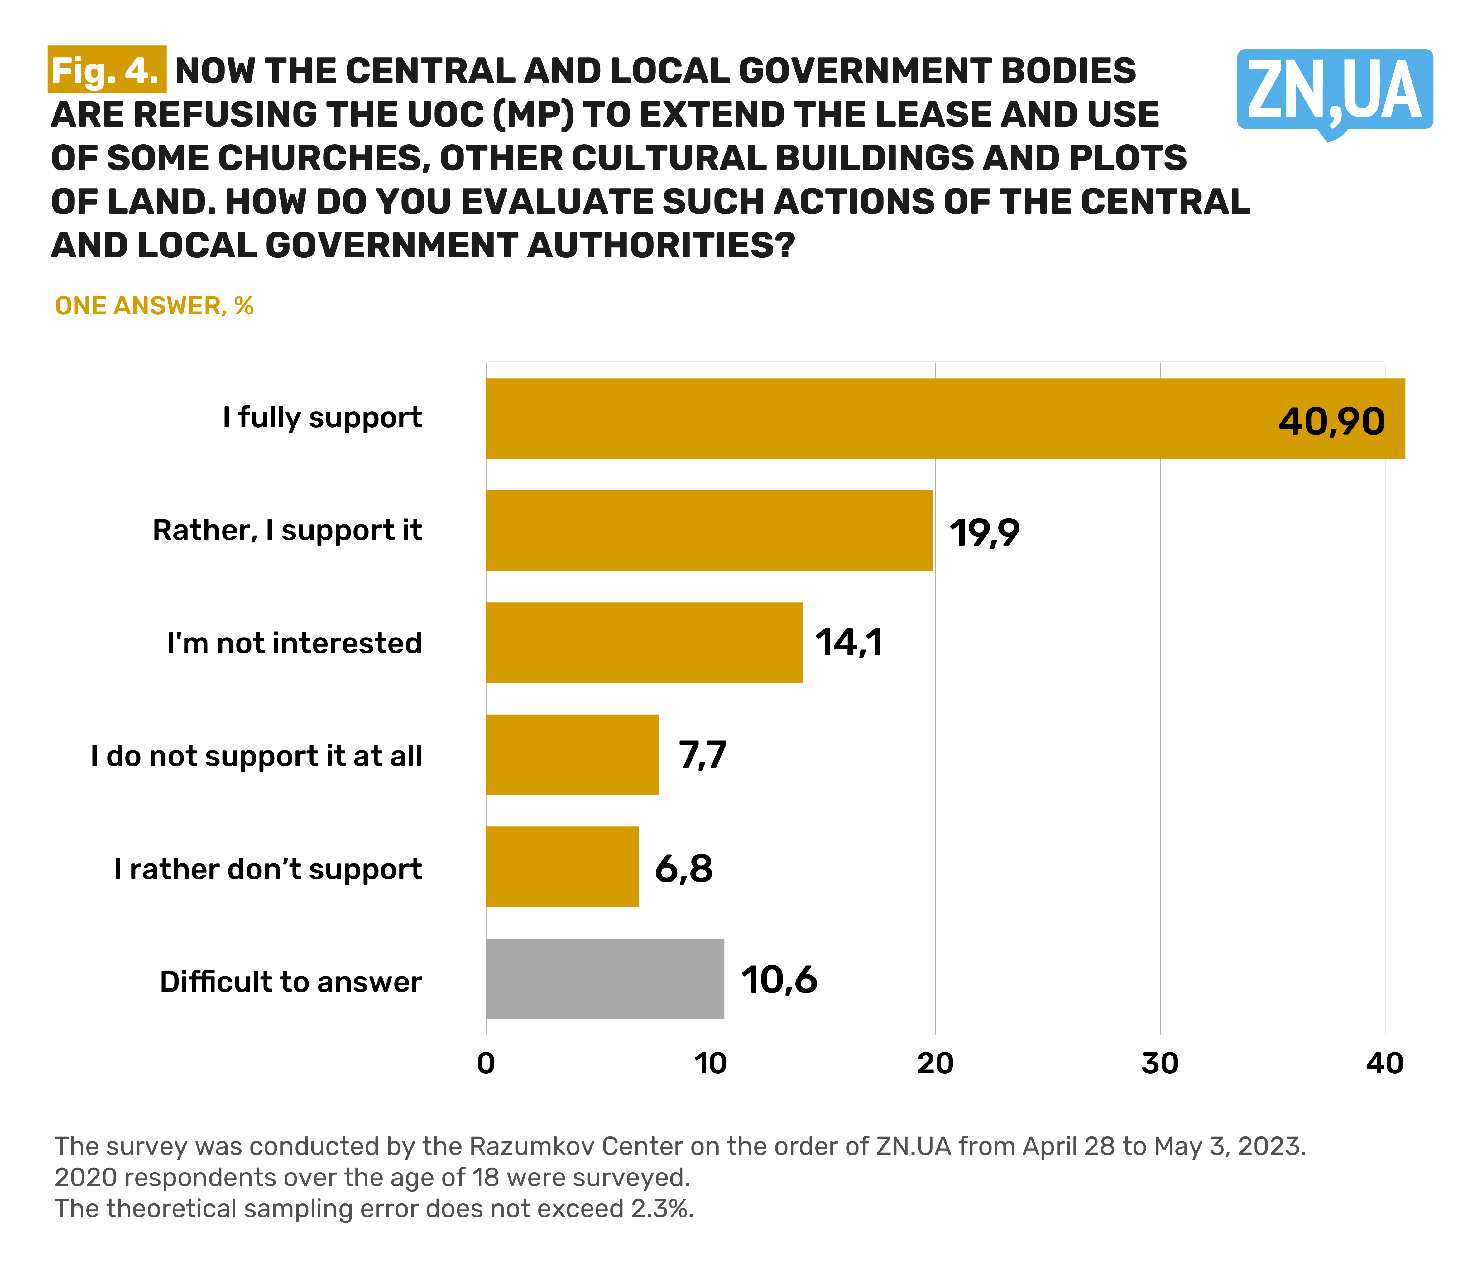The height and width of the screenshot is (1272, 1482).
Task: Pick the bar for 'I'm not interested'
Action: (x=644, y=643)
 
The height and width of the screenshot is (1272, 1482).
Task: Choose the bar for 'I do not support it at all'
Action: (x=572, y=754)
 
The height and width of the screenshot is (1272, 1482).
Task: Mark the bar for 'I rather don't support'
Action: (x=562, y=867)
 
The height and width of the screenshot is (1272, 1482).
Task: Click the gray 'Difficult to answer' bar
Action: (x=604, y=979)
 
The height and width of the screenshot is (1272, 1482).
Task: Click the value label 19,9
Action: (x=984, y=533)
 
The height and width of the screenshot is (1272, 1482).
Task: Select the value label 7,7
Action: (x=703, y=755)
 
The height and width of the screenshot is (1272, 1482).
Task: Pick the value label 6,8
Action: (x=683, y=868)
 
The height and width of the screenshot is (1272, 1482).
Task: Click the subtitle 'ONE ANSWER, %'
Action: (x=154, y=306)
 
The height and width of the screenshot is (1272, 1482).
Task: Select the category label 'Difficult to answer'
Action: (x=290, y=982)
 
